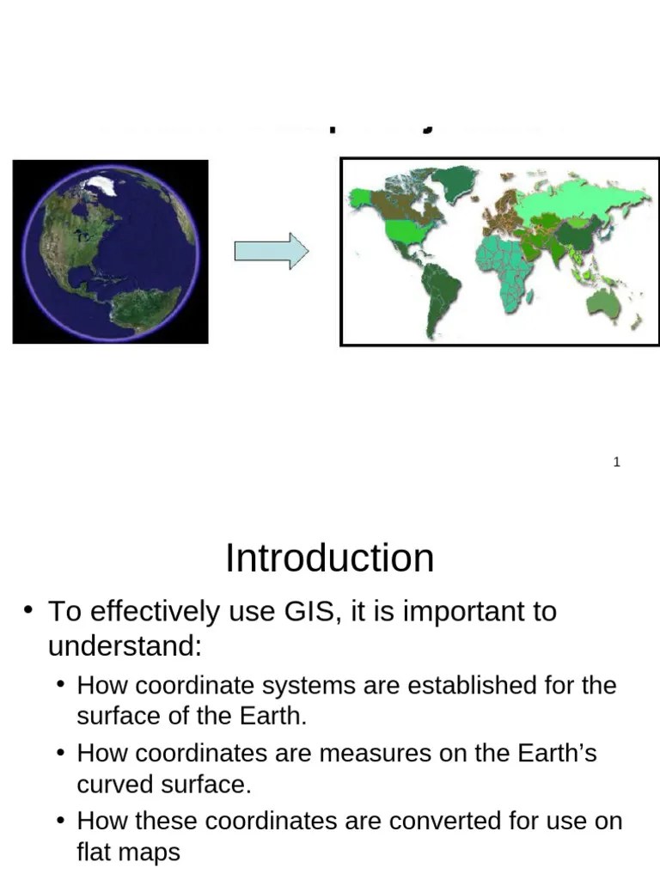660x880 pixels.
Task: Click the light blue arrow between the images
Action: tap(271, 251)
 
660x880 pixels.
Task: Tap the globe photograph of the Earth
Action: tap(110, 252)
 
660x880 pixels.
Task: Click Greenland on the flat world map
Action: tap(455, 181)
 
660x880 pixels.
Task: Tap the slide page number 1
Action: tap(616, 462)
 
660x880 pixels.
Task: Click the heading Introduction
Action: tap(329, 559)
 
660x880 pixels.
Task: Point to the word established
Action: tap(472, 686)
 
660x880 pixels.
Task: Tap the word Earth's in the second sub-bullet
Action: tap(557, 753)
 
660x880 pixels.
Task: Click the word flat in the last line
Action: tap(93, 852)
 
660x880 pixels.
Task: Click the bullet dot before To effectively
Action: tap(28, 611)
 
